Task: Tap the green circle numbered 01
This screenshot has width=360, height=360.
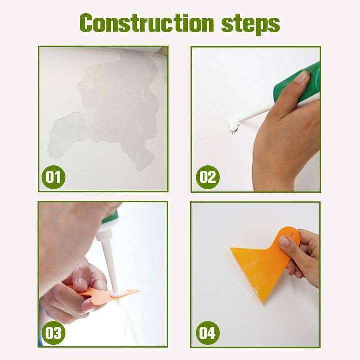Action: click(x=53, y=177)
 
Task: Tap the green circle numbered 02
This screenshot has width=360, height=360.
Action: click(x=207, y=177)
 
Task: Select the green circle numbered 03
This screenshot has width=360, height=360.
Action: click(x=53, y=332)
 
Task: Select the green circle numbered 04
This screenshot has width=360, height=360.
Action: click(x=207, y=332)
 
